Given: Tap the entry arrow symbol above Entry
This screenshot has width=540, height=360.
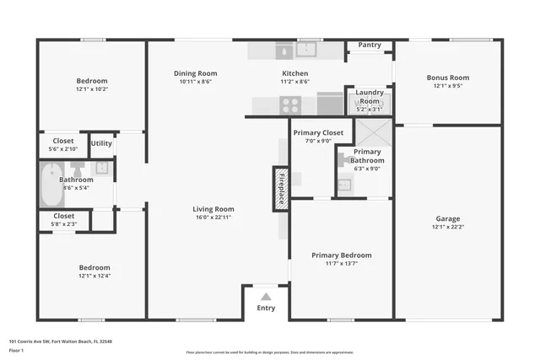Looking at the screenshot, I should coord(266,296).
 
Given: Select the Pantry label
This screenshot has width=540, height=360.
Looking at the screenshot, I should coord(370,45).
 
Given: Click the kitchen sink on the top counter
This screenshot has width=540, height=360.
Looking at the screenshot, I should coord(282,51).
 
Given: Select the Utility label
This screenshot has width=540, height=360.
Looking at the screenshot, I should coord(102,143).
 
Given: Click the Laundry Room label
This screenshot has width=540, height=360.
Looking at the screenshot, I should coord(369,96).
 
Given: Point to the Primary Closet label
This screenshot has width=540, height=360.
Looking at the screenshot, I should coord(318,132).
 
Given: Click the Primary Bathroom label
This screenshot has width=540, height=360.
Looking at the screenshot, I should coord(368,156).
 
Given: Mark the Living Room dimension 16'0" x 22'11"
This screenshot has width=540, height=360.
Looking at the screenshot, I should coord(213,218).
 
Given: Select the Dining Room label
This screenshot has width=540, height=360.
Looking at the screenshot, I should coord(195,73).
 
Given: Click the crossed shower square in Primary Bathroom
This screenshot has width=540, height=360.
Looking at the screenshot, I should coord(370,133).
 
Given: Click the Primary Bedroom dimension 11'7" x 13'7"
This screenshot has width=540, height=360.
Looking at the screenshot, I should coord(341,263).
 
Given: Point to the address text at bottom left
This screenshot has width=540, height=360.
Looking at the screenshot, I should coord(60,341).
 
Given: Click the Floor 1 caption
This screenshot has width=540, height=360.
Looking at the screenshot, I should coord(17,350).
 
